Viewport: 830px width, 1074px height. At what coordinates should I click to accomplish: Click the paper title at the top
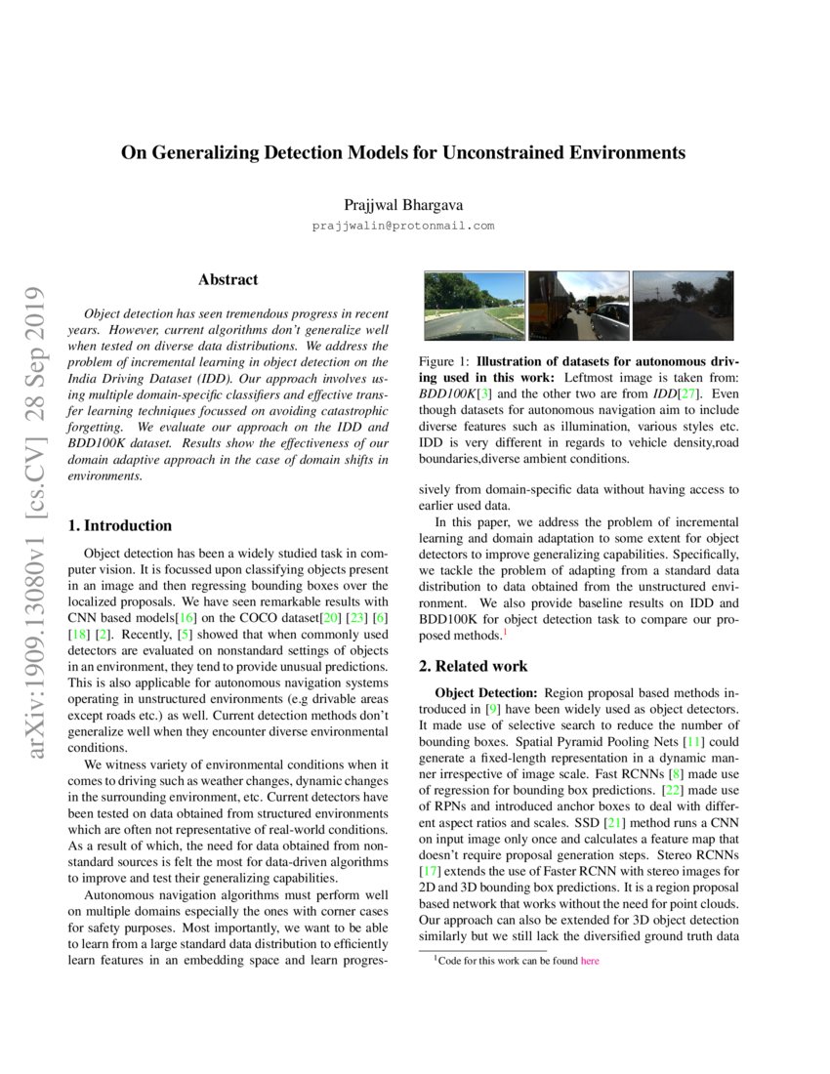[402, 153]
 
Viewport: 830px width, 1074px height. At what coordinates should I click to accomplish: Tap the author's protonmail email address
[402, 226]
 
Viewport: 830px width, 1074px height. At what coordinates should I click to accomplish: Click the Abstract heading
[228, 280]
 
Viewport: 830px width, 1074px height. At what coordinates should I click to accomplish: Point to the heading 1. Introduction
[120, 525]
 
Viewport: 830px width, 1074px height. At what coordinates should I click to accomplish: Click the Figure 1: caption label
[444, 360]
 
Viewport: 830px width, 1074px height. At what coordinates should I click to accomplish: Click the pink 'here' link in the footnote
[590, 961]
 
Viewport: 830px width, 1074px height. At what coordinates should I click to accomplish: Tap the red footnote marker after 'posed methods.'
[505, 634]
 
